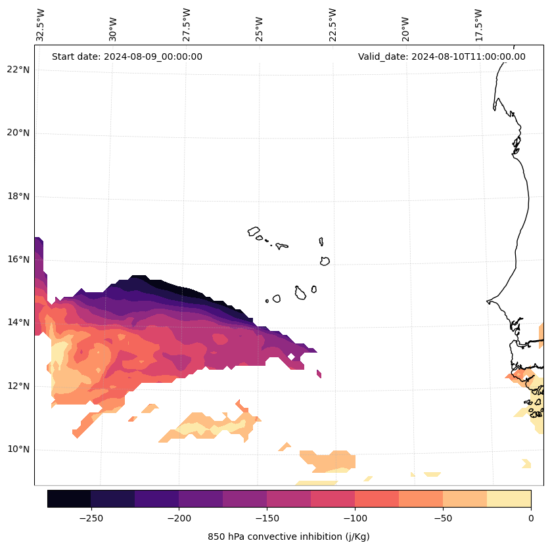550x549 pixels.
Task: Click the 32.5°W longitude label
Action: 41,25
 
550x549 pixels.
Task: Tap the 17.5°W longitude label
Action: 478,25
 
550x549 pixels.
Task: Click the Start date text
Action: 127,56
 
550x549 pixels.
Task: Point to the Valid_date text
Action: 442,56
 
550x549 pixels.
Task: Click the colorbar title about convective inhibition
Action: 288,537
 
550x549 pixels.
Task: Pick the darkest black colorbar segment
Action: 69,498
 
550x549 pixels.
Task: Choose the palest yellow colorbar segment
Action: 509,498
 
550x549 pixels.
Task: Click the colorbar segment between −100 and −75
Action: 377,498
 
